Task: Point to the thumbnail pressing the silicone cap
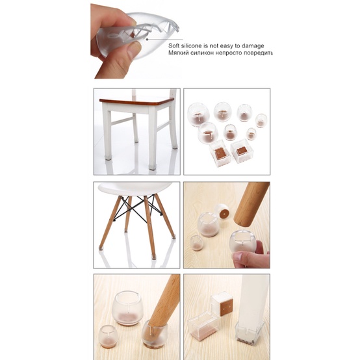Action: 133,49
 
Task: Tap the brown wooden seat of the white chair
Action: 137,101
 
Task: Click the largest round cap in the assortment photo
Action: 198,114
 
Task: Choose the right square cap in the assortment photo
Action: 242,151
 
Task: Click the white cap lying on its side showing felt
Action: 222,211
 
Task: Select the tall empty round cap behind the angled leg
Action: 129,308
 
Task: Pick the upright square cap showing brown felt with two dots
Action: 222,303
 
